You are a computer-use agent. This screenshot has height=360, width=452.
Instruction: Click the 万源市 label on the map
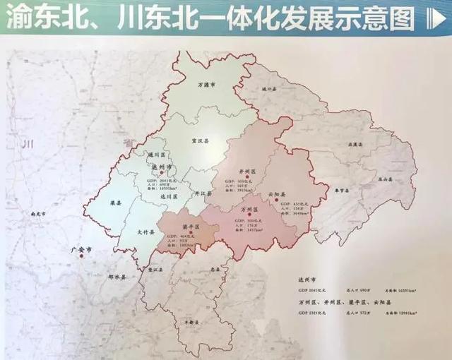tap(205, 85)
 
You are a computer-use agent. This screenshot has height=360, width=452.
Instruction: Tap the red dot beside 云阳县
tap(277, 200)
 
